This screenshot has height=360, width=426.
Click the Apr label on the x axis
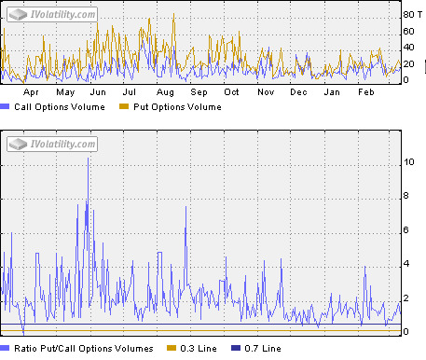tap(32, 92)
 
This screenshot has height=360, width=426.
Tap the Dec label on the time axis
tap(298, 92)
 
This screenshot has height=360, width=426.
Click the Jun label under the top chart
tap(98, 92)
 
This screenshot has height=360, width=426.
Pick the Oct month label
tap(231, 92)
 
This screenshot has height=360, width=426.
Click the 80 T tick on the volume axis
tap(411, 15)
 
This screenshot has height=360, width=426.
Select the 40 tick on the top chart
tap(407, 48)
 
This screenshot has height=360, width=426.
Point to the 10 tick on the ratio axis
tap(408, 162)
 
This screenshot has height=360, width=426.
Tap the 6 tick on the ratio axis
tap(406, 230)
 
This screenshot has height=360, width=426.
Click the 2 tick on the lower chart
tap(406, 298)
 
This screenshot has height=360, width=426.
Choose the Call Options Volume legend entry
tap(56, 107)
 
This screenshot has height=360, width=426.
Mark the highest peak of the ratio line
tap(89, 159)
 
